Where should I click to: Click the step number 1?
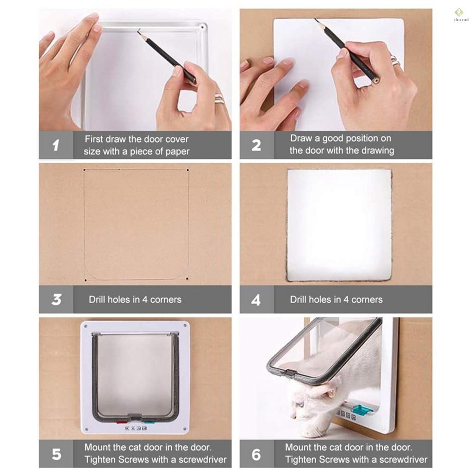pyautogui.click(x=56, y=145)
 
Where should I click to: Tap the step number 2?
pyautogui.click(x=256, y=145)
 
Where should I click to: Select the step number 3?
pyautogui.click(x=56, y=299)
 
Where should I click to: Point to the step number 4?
pyautogui.click(x=256, y=300)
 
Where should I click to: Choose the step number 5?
pyautogui.click(x=56, y=454)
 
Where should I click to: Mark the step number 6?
pyautogui.click(x=256, y=455)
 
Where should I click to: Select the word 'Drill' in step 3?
pyautogui.click(x=97, y=299)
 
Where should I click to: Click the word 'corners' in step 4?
pyautogui.click(x=367, y=300)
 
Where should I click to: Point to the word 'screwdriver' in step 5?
pyautogui.click(x=203, y=460)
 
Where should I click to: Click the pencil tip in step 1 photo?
pyautogui.click(x=138, y=30)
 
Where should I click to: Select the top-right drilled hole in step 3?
pyautogui.click(x=188, y=170)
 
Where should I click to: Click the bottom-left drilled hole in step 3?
pyautogui.click(x=86, y=281)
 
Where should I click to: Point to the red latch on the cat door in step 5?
pyautogui.click(x=121, y=422)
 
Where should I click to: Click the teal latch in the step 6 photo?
pyautogui.click(x=362, y=410)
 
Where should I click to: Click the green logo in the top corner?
pyautogui.click(x=459, y=12)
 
